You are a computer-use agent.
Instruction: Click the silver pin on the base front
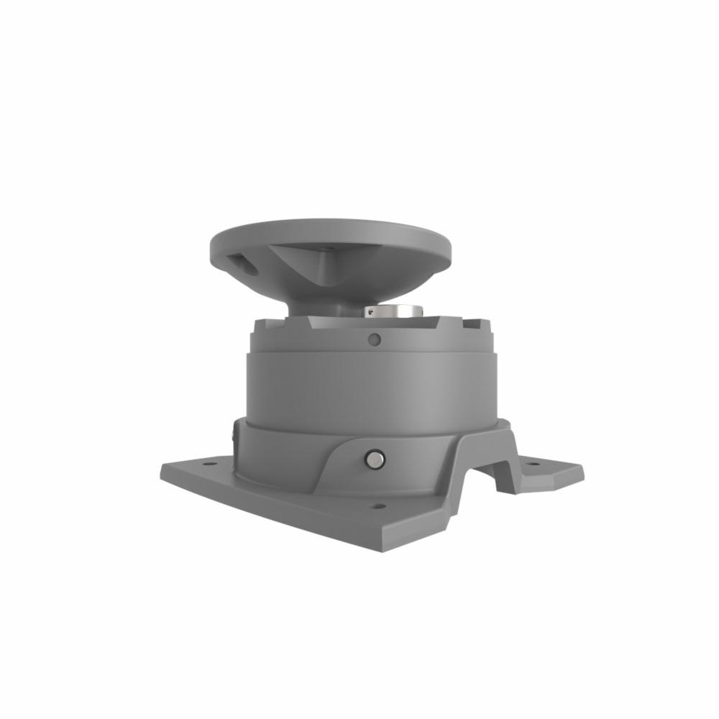375,459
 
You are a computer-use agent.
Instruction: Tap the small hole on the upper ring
372,339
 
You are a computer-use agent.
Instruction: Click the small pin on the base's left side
234,434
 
